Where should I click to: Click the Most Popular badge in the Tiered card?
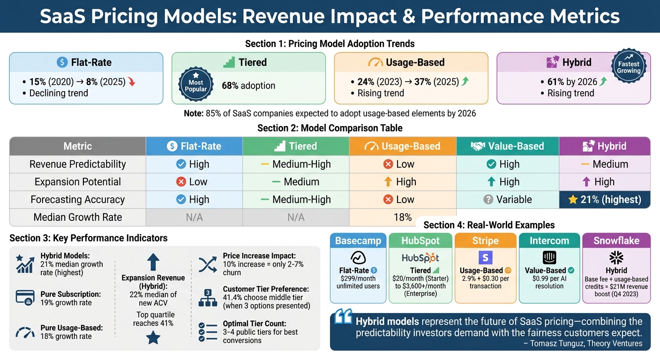196,86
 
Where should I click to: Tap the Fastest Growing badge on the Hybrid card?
629,67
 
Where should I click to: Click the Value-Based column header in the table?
508,146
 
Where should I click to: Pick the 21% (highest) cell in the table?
605,200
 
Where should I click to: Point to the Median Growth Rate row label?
78,217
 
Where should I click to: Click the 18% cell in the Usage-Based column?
403,217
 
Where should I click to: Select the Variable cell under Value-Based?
508,200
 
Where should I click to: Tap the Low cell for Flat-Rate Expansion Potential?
194,182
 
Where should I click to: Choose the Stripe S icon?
485,257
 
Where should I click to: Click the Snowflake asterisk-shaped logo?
616,257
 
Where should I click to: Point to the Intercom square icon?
549,257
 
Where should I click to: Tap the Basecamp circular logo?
358,258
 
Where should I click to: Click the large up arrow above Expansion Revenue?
153,262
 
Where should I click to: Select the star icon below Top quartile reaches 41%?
153,337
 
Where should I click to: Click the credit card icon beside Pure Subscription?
24,297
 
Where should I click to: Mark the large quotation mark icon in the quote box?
344,318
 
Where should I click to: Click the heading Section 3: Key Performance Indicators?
88,238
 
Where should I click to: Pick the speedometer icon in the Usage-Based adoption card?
375,62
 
